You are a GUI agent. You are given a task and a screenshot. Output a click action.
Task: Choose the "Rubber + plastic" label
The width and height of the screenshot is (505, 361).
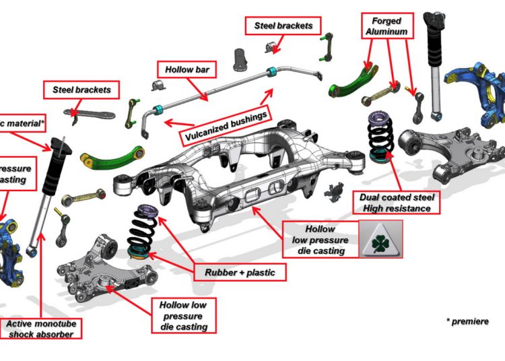click(240, 272)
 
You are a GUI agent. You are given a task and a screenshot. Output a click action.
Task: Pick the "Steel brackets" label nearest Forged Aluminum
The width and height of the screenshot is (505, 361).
click(283, 26)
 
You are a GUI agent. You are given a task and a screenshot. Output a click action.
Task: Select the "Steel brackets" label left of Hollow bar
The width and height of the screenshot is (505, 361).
click(81, 89)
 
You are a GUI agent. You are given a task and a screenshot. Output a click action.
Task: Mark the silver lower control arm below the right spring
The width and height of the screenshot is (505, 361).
click(444, 152)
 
